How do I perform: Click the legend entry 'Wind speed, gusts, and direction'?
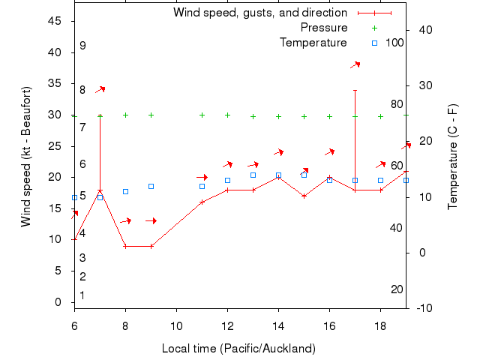coord(260,13)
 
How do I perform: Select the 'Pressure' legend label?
coord(324,28)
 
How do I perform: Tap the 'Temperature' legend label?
coord(313,43)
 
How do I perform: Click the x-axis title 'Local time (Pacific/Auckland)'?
coord(238,349)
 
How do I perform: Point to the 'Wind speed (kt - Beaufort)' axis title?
coord(26,156)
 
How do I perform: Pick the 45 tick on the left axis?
coord(55,21)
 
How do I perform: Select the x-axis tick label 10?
coord(176,325)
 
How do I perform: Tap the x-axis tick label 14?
coord(278,325)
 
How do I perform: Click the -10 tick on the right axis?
coord(421,308)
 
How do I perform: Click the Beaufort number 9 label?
coord(82,46)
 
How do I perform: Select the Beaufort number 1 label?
coord(82,295)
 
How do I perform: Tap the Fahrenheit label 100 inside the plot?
coord(394,43)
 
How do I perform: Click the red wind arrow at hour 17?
coord(355,65)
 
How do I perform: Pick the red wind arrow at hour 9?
coord(151,220)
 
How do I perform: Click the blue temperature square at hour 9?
coord(151,186)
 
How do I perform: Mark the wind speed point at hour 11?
coord(202,202)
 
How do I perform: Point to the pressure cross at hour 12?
coord(227,115)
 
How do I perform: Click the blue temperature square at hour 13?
coord(253,175)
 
